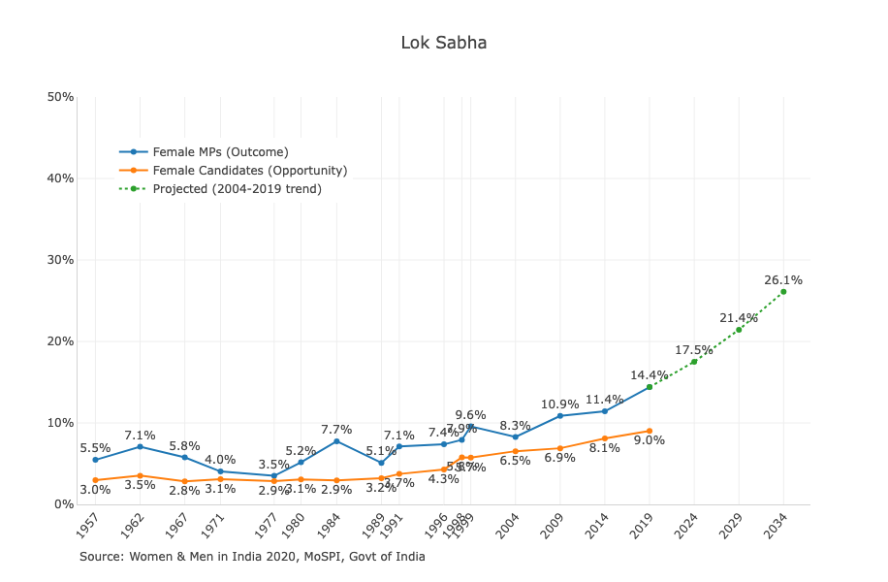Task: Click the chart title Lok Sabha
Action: pos(444,43)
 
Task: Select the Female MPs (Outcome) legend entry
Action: pos(220,151)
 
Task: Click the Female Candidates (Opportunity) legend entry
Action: pos(249,171)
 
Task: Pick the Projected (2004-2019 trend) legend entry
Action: pos(237,189)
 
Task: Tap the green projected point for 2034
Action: pos(783,292)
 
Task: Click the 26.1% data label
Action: pos(783,280)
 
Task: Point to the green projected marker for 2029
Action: pos(739,330)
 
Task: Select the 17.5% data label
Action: pos(694,350)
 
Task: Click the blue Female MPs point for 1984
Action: pos(336,441)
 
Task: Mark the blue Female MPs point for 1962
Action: pos(140,446)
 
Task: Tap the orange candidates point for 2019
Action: pos(650,431)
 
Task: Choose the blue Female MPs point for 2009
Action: pos(560,415)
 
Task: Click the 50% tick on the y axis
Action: pos(60,97)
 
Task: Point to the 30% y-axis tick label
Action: pos(60,260)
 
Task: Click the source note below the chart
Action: pos(252,557)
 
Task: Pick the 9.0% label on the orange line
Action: pos(650,440)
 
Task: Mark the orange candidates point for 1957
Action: pos(95,480)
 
